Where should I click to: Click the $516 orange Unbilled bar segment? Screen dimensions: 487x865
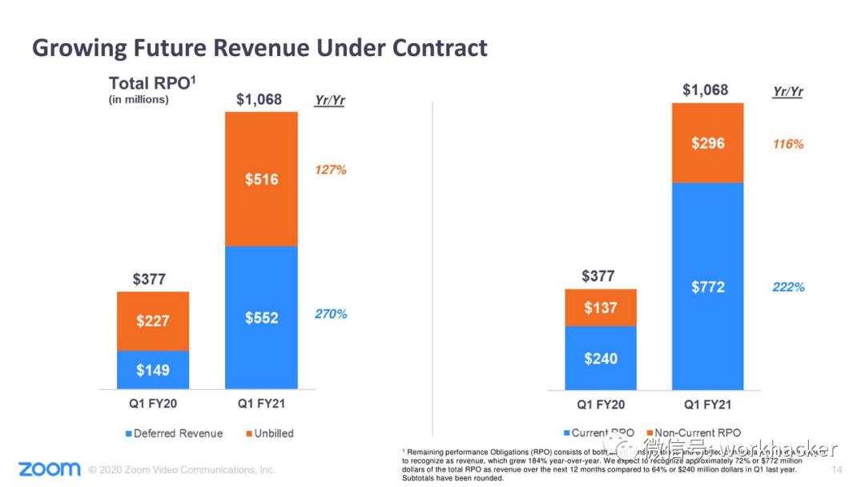261,179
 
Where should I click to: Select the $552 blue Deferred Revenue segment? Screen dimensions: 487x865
261,317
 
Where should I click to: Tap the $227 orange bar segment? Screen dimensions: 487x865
152,321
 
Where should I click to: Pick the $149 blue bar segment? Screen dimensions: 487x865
152,370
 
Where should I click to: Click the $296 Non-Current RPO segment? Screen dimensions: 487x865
707,143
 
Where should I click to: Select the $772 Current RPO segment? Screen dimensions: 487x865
707,286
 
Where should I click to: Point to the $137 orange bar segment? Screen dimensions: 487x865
600,308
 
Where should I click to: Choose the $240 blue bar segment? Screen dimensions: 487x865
600,358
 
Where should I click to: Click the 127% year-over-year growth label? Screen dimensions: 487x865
331,170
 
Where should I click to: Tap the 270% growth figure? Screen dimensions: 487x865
331,314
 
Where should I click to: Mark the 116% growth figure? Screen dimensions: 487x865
788,144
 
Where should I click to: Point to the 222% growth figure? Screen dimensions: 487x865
788,287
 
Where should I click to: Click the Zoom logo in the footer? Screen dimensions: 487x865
50,469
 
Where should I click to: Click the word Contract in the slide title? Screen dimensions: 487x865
440,47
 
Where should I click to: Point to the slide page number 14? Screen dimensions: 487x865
837,469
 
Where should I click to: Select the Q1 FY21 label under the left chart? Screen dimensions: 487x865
261,404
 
